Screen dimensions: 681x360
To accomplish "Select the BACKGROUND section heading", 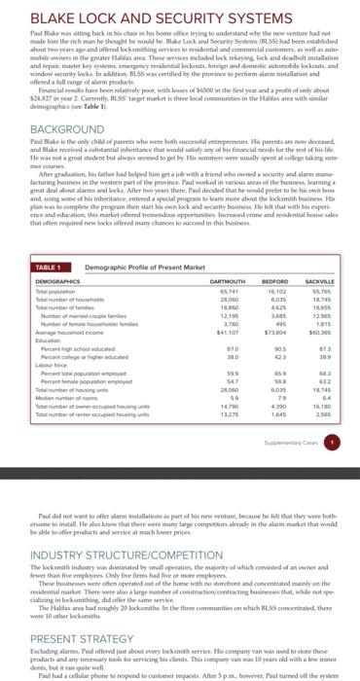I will [x=53, y=156].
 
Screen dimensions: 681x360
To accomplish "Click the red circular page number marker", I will [x=332, y=466].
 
